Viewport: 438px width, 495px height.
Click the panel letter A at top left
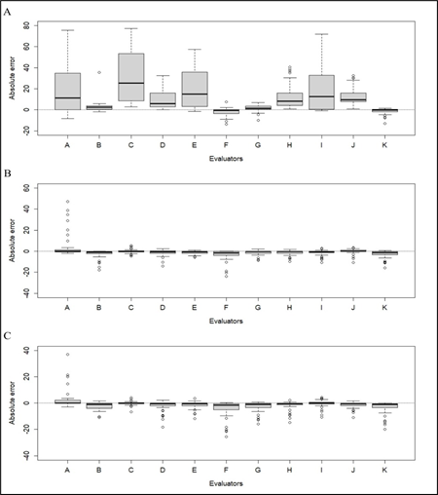[x=12, y=12]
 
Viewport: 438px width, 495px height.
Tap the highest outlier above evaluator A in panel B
[x=67, y=202]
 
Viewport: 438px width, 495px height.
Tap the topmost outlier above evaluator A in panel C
[x=67, y=354]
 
